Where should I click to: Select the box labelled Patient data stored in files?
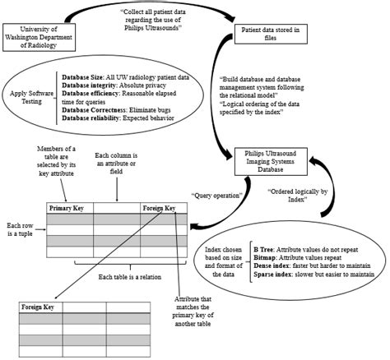pyautogui.click(x=271, y=35)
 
